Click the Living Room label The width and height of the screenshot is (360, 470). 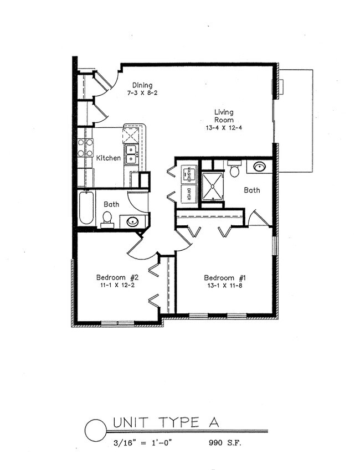tap(224, 116)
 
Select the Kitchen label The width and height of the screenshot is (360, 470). tap(108, 158)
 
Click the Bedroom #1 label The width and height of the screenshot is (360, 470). tap(224, 278)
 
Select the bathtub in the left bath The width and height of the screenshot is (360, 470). tap(86, 208)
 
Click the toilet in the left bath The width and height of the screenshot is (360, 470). tap(107, 219)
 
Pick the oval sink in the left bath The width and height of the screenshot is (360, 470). tap(133, 222)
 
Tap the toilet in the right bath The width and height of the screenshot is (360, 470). tap(234, 169)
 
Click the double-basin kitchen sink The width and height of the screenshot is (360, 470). tap(131, 154)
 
